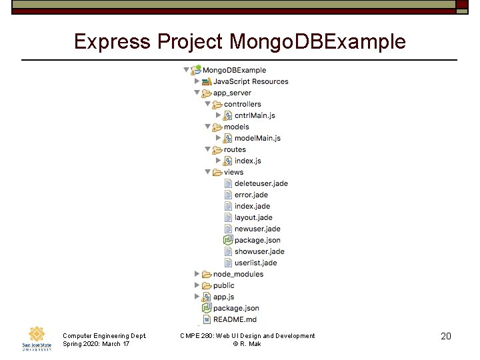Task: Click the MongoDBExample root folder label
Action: [233, 70]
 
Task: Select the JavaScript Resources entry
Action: [251, 81]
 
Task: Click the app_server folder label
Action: [232, 93]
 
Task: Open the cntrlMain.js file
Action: [255, 115]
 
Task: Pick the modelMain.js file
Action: [257, 138]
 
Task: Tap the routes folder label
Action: [235, 149]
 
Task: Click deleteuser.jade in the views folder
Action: [261, 183]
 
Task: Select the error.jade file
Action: [251, 195]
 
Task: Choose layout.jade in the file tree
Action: [253, 217]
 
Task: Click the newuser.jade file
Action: [257, 229]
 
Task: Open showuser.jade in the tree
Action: [259, 251]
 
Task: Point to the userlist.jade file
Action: [255, 263]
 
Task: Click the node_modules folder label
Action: [238, 274]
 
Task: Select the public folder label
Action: [224, 285]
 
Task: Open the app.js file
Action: [223, 297]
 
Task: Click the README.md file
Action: [235, 319]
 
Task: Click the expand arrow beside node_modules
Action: [197, 274]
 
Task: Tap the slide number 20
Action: [446, 336]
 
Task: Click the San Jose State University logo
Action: [36, 338]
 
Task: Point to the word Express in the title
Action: [112, 41]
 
